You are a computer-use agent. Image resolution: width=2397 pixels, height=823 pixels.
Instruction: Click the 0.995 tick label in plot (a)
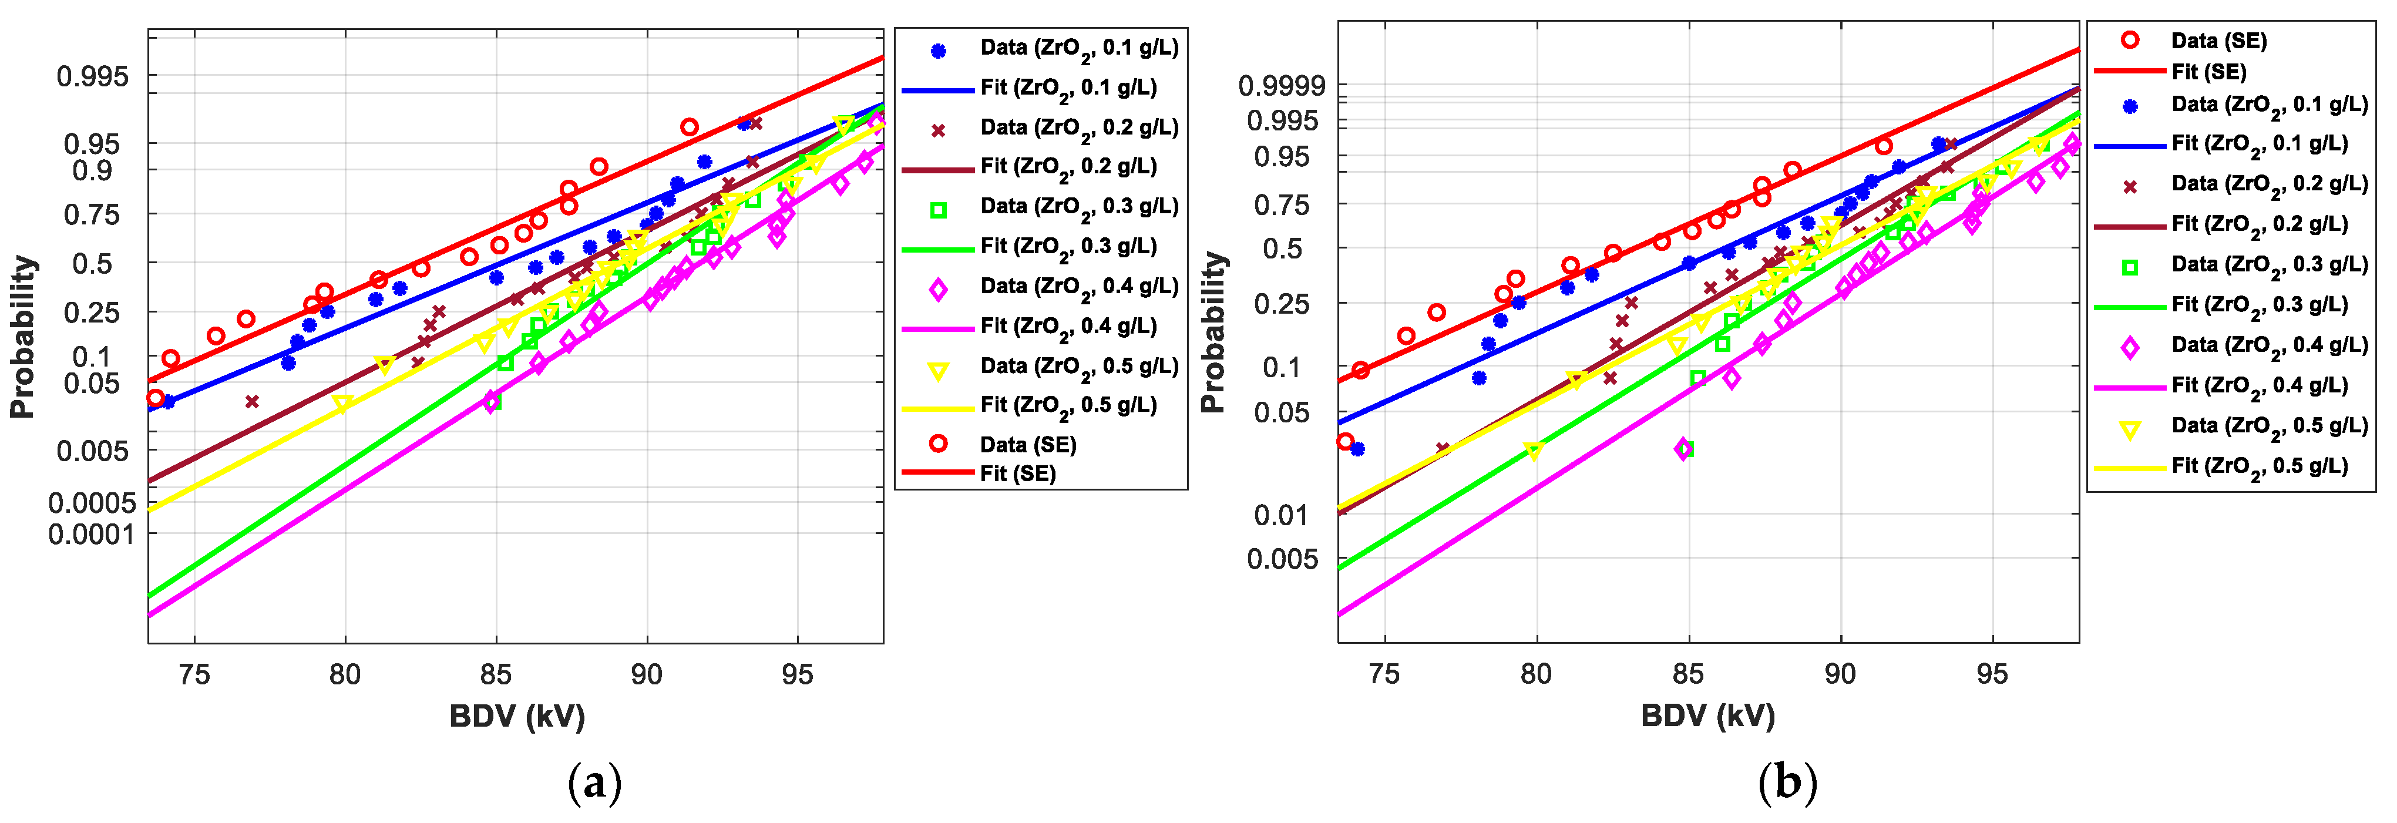point(93,76)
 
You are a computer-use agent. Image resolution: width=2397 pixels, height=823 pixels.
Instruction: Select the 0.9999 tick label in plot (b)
point(1281,86)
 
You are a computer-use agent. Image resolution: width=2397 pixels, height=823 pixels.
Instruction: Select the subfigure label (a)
point(594,781)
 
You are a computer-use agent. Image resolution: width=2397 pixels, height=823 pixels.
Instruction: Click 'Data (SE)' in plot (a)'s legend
point(1027,445)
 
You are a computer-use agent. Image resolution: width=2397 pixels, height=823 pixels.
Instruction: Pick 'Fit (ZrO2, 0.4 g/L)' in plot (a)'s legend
point(1068,327)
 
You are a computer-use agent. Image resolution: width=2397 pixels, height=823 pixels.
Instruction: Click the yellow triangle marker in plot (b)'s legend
point(2129,429)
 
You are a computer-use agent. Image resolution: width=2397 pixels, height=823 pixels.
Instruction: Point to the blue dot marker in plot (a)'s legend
point(938,51)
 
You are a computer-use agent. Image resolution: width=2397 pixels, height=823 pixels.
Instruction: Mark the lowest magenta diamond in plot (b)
point(1682,449)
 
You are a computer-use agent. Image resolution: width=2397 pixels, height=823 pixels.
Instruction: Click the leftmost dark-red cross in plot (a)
point(251,401)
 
